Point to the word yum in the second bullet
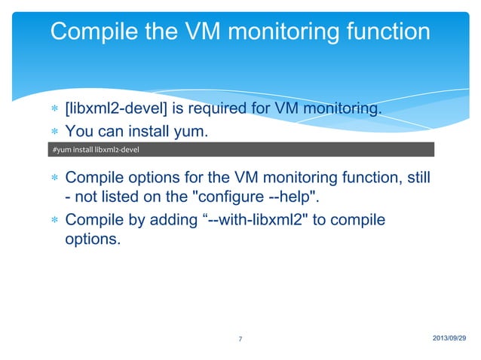(x=188, y=132)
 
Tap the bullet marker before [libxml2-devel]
(x=54, y=111)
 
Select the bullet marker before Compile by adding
(x=54, y=221)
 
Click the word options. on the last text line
(x=91, y=243)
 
